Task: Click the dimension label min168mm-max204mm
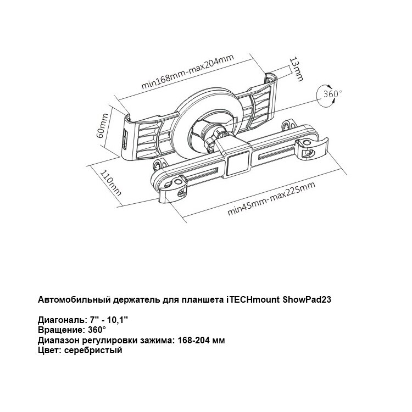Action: (184, 73)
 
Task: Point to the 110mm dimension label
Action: (109, 182)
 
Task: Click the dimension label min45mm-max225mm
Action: (272, 199)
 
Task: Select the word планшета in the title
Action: (202, 300)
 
